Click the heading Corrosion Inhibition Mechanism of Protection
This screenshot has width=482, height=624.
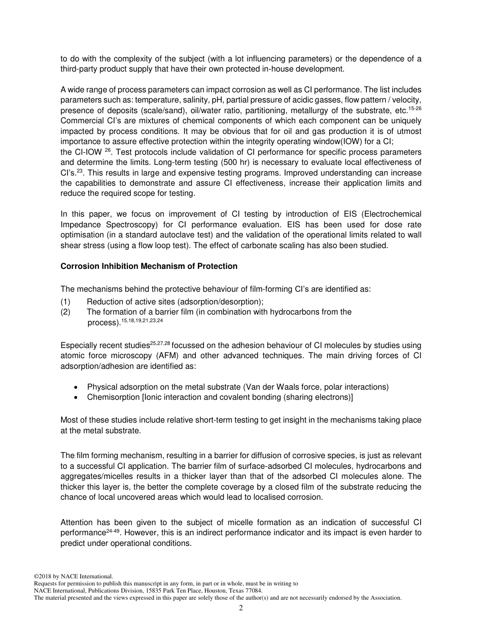click(149, 266)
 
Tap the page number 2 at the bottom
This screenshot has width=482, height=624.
click(241, 608)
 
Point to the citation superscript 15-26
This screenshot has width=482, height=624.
click(415, 108)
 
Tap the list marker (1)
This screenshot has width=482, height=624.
click(65, 301)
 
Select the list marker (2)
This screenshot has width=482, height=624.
click(65, 312)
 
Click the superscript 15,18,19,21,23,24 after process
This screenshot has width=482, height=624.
click(142, 321)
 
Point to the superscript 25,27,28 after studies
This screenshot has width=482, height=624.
click(160, 343)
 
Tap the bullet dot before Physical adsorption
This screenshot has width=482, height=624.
click(76, 387)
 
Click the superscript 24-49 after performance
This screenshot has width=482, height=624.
click(113, 531)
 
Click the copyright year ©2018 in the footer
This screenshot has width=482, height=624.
click(43, 576)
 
